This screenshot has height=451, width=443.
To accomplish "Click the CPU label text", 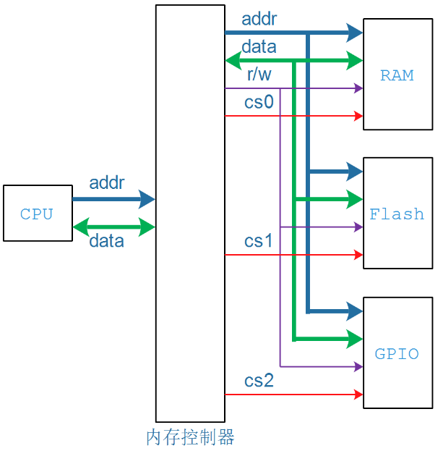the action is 36,214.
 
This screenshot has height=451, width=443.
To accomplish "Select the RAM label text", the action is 397,75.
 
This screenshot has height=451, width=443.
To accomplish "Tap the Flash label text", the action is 397,214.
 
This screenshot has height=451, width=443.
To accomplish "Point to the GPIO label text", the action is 397,353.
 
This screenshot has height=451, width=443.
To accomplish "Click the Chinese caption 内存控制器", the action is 190,437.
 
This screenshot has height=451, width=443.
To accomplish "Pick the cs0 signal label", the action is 259,102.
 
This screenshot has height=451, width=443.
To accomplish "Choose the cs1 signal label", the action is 258,241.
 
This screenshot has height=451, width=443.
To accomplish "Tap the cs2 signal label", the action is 259,381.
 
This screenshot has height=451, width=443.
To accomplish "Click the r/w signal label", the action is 259,75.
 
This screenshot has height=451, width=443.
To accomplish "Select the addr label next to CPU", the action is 107,182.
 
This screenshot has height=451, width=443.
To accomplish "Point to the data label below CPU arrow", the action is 106,241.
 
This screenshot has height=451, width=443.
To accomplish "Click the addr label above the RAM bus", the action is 259,19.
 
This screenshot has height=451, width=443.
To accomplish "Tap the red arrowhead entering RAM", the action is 358,116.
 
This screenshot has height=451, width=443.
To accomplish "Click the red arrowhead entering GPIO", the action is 358,395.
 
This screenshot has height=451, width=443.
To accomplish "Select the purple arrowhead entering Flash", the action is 358,227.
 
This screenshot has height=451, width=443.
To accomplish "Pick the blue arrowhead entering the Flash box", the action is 355,172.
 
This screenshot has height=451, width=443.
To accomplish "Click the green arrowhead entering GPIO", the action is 355,339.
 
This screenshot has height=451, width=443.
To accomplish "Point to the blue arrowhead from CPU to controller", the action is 147,199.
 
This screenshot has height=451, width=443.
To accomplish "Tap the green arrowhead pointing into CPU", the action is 81,227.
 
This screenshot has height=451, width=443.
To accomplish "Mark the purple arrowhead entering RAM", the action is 358,88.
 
